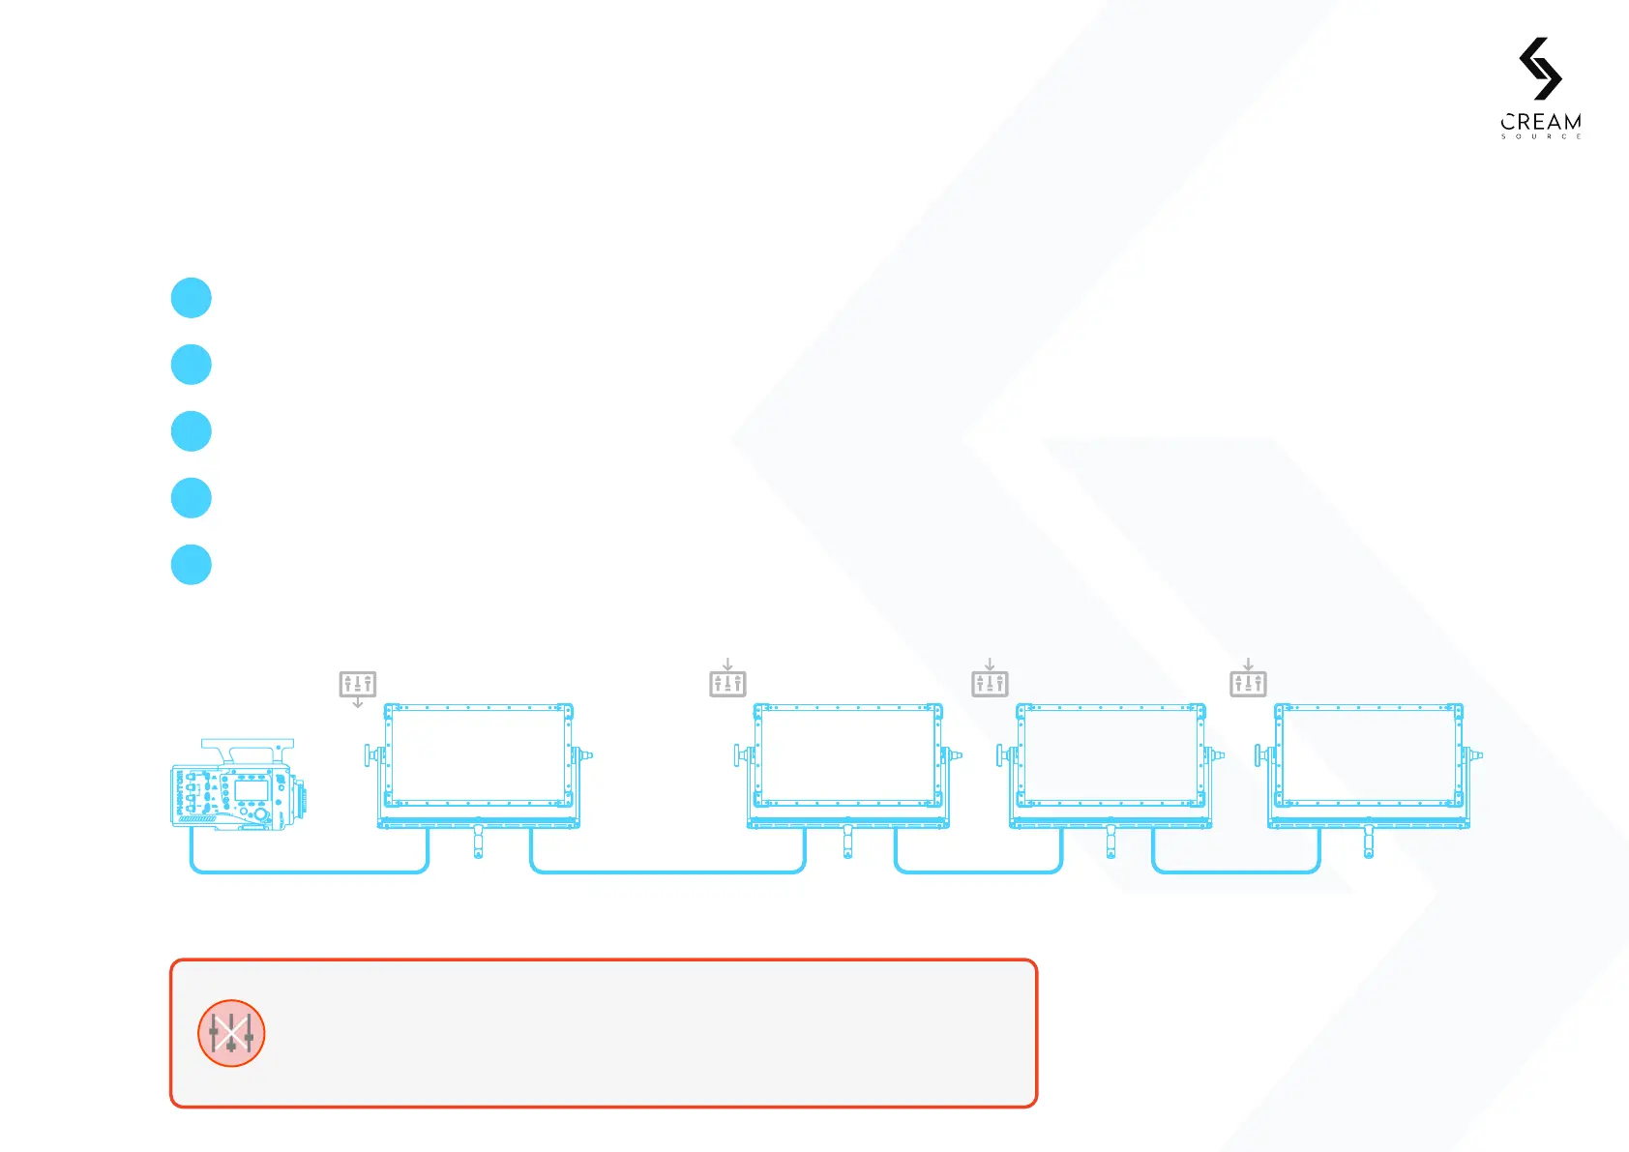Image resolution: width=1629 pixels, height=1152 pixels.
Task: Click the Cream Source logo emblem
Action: click(1540, 69)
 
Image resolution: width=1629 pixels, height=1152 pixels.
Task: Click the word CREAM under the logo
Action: click(1541, 123)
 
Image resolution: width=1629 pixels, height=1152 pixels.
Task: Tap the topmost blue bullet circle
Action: click(192, 298)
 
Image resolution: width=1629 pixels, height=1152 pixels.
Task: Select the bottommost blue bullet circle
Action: click(192, 565)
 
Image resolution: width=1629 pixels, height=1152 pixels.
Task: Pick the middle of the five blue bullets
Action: click(192, 431)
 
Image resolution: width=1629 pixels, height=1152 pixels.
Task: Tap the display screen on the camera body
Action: click(252, 790)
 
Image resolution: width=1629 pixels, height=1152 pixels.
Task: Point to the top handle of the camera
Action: click(248, 747)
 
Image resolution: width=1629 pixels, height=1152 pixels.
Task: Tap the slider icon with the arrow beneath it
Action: click(358, 684)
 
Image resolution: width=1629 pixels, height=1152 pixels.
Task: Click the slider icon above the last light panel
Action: click(1248, 684)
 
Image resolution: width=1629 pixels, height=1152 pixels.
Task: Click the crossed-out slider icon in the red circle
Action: click(231, 1033)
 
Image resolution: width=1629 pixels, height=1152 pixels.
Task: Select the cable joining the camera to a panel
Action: click(310, 872)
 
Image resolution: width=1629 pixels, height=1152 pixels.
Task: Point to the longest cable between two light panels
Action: click(667, 872)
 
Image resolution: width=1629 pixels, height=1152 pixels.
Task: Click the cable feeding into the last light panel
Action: click(1236, 872)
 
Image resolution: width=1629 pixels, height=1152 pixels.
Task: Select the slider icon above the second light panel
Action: click(727, 684)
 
